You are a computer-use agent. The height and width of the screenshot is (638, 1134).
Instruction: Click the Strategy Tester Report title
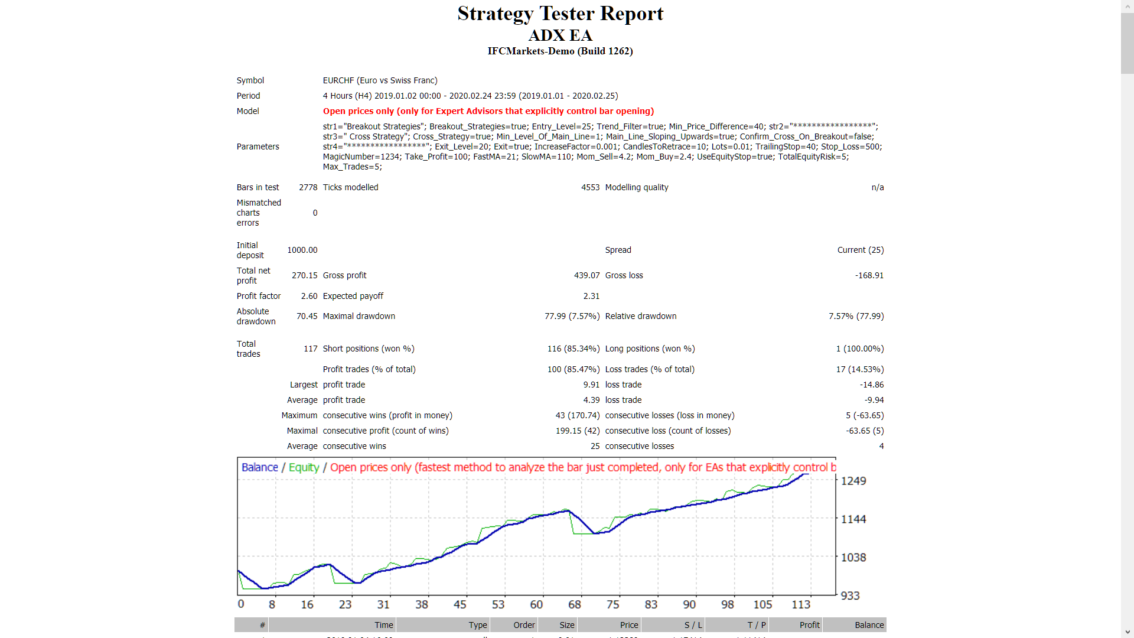pos(560,14)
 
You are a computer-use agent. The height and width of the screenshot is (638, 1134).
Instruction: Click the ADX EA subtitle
pos(560,35)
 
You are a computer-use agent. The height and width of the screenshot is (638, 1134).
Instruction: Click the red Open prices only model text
pos(488,111)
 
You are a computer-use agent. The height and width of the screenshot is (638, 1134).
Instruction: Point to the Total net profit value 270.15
pos(304,275)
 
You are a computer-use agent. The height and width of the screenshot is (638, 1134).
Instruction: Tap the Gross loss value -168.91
pos(869,275)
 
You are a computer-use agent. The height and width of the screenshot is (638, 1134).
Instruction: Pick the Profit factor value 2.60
pos(309,296)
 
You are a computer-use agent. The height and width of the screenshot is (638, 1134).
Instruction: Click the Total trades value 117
pos(310,349)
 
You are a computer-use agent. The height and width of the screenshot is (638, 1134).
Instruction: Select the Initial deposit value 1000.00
pos(302,250)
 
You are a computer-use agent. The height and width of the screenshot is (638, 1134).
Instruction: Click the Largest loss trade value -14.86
pos(871,385)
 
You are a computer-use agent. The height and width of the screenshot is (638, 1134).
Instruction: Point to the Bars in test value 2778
pos(308,187)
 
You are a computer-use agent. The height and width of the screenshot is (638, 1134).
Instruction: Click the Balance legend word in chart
pos(259,467)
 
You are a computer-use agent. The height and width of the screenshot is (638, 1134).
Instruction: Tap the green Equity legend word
pos(304,467)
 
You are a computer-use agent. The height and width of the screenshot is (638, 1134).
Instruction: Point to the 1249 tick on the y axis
pos(853,481)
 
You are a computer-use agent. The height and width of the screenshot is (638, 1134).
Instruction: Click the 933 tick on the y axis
pos(850,595)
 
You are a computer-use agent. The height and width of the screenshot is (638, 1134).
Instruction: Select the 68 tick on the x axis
pos(574,604)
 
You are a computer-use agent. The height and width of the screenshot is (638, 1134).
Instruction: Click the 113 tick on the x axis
pos(800,604)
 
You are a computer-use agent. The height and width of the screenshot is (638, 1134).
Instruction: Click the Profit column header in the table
pos(809,625)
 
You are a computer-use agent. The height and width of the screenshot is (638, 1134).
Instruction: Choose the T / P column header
pos(756,625)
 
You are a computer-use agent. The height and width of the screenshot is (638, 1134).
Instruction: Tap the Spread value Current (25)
pos(860,250)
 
